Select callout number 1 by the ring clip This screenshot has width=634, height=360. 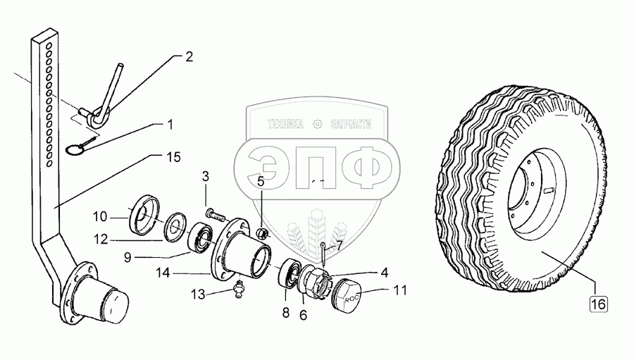pos(169,125)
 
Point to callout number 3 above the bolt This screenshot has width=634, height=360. pos(206,175)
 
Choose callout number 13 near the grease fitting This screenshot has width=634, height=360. pos(199,294)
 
